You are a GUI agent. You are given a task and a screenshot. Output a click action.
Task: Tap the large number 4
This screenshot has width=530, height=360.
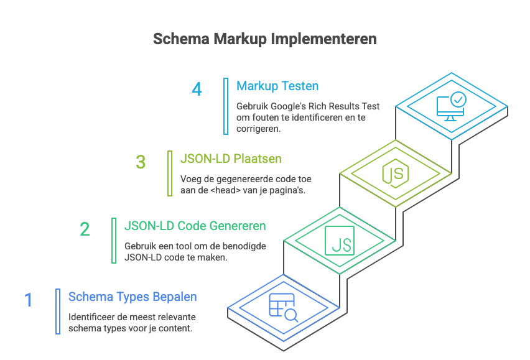(x=197, y=89)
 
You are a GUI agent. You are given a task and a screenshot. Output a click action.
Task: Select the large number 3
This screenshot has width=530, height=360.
(x=141, y=162)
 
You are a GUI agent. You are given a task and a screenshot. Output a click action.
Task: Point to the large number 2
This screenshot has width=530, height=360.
(x=85, y=229)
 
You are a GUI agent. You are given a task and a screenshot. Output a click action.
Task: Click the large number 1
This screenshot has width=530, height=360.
(x=28, y=300)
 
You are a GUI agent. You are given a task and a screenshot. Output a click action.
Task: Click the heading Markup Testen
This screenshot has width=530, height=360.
(x=277, y=86)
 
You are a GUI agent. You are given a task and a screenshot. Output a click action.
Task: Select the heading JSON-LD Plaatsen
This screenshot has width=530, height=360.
(x=231, y=159)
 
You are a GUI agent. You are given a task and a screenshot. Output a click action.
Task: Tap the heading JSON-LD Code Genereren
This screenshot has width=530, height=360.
(x=195, y=225)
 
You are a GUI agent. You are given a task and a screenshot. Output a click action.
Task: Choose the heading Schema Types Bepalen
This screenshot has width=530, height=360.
(x=132, y=297)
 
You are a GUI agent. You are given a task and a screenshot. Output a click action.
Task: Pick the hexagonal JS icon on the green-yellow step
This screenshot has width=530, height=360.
(x=395, y=173)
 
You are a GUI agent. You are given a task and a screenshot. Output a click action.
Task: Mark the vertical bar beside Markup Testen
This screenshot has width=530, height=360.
(x=225, y=106)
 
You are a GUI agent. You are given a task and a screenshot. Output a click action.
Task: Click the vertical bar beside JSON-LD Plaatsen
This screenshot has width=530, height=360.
(x=169, y=173)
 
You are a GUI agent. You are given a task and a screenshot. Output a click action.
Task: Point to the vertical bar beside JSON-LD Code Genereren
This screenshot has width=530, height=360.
(x=113, y=240)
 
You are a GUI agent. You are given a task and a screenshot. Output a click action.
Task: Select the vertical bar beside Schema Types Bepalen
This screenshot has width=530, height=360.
(x=58, y=311)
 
